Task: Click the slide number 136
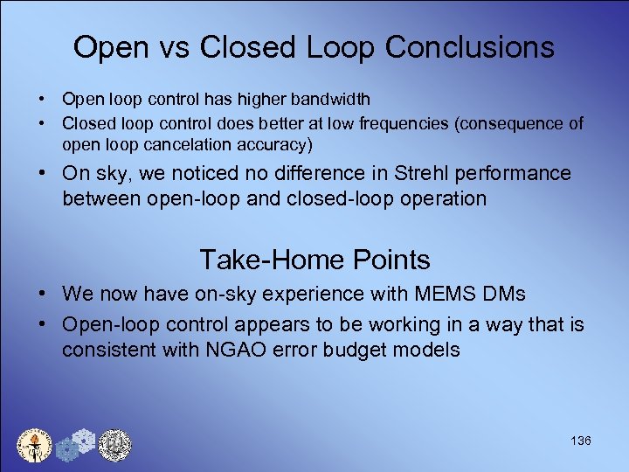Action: (x=580, y=441)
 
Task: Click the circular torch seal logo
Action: (x=34, y=445)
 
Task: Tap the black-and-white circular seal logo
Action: (x=114, y=445)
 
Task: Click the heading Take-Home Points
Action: (x=314, y=260)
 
